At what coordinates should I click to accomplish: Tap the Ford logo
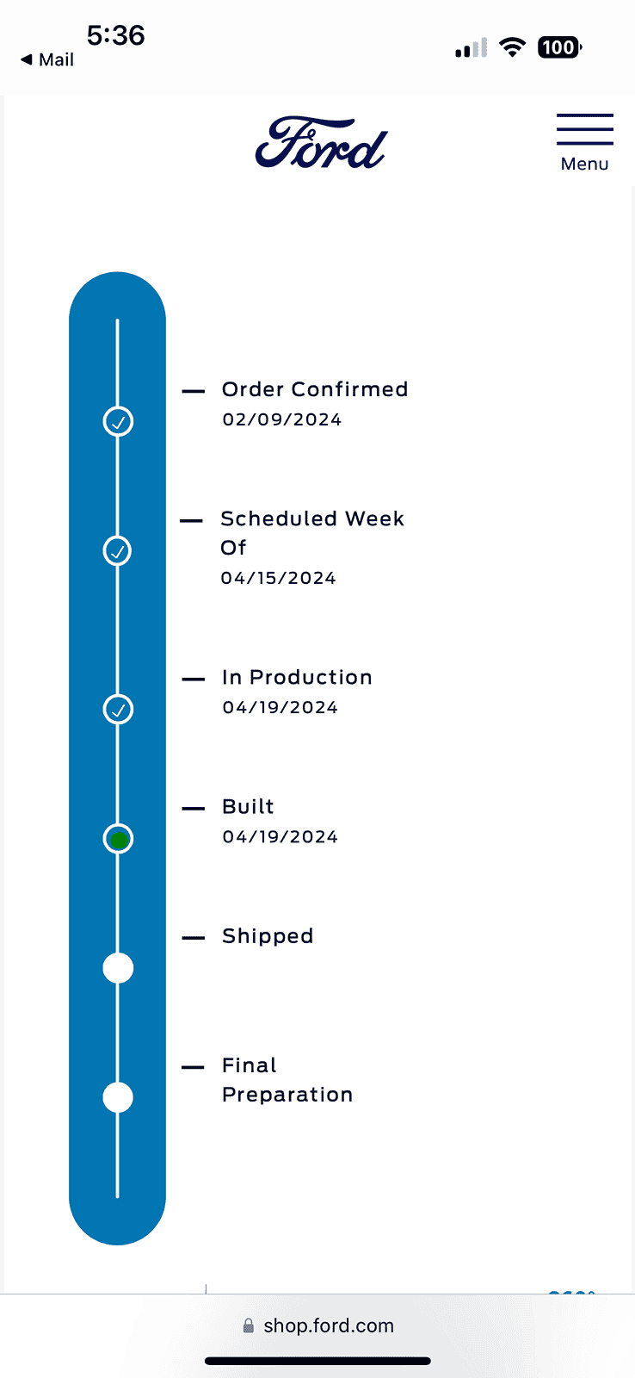pyautogui.click(x=321, y=143)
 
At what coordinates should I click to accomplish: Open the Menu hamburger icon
pyautogui.click(x=584, y=129)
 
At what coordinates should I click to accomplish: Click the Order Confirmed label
pyautogui.click(x=315, y=389)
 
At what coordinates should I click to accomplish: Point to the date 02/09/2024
pyautogui.click(x=282, y=419)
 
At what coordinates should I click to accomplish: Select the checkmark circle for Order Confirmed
pyautogui.click(x=118, y=421)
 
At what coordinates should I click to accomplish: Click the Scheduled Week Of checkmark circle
pyautogui.click(x=117, y=550)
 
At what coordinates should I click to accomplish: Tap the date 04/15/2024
pyautogui.click(x=279, y=578)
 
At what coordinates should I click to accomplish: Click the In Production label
pyautogui.click(x=297, y=677)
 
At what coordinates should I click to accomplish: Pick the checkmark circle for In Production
pyautogui.click(x=118, y=710)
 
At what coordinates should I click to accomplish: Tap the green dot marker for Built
pyautogui.click(x=119, y=839)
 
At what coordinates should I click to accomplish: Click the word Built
pyautogui.click(x=248, y=806)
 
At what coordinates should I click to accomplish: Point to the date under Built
pyautogui.click(x=281, y=836)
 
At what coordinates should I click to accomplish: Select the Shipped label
pyautogui.click(x=268, y=936)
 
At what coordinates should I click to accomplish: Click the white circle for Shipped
pyautogui.click(x=118, y=968)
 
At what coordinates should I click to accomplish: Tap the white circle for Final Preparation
pyautogui.click(x=118, y=1097)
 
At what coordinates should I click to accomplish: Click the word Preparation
pyautogui.click(x=287, y=1095)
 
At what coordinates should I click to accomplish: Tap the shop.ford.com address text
pyautogui.click(x=329, y=1325)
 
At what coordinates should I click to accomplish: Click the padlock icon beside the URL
pyautogui.click(x=249, y=1325)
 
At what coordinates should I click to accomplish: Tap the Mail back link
pyautogui.click(x=47, y=59)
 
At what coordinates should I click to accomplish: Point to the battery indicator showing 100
pyautogui.click(x=559, y=47)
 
